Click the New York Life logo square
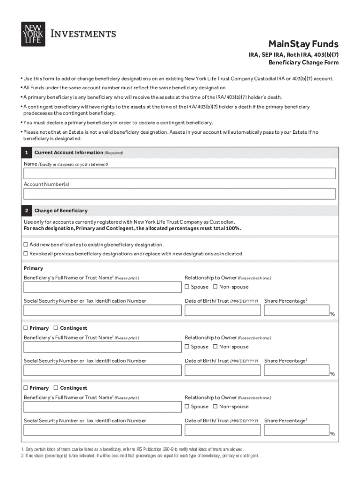(x=33, y=34)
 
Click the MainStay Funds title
(x=303, y=44)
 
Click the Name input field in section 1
(x=180, y=174)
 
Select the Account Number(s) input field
(x=180, y=194)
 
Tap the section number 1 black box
(x=27, y=153)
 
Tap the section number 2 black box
(x=27, y=211)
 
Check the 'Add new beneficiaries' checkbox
(x=26, y=245)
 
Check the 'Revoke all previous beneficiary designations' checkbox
(x=26, y=254)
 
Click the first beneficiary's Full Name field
(x=102, y=287)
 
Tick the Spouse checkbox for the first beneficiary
(x=187, y=287)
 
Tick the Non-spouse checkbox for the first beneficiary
(x=216, y=287)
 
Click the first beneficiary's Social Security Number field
(x=102, y=310)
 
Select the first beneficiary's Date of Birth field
(x=223, y=310)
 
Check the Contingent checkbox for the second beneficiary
(x=56, y=328)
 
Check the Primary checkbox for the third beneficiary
(x=26, y=388)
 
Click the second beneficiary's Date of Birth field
(x=223, y=370)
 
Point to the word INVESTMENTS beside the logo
(x=83, y=34)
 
